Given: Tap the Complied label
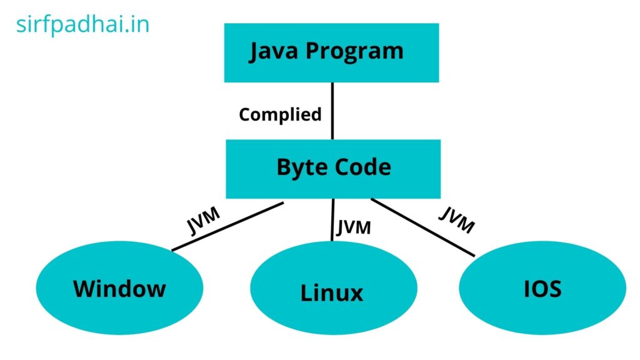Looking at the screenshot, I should [x=280, y=115].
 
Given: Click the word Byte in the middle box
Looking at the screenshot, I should [x=299, y=167].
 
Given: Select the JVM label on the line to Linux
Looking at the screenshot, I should [x=354, y=227].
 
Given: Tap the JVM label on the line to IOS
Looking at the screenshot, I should [x=456, y=220].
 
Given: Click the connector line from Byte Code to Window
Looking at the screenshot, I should [x=228, y=226].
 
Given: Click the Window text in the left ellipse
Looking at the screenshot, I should [x=119, y=289].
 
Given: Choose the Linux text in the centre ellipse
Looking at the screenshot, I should [x=332, y=292].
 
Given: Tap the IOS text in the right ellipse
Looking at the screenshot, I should [x=542, y=289].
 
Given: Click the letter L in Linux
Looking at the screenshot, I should [x=306, y=292].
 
